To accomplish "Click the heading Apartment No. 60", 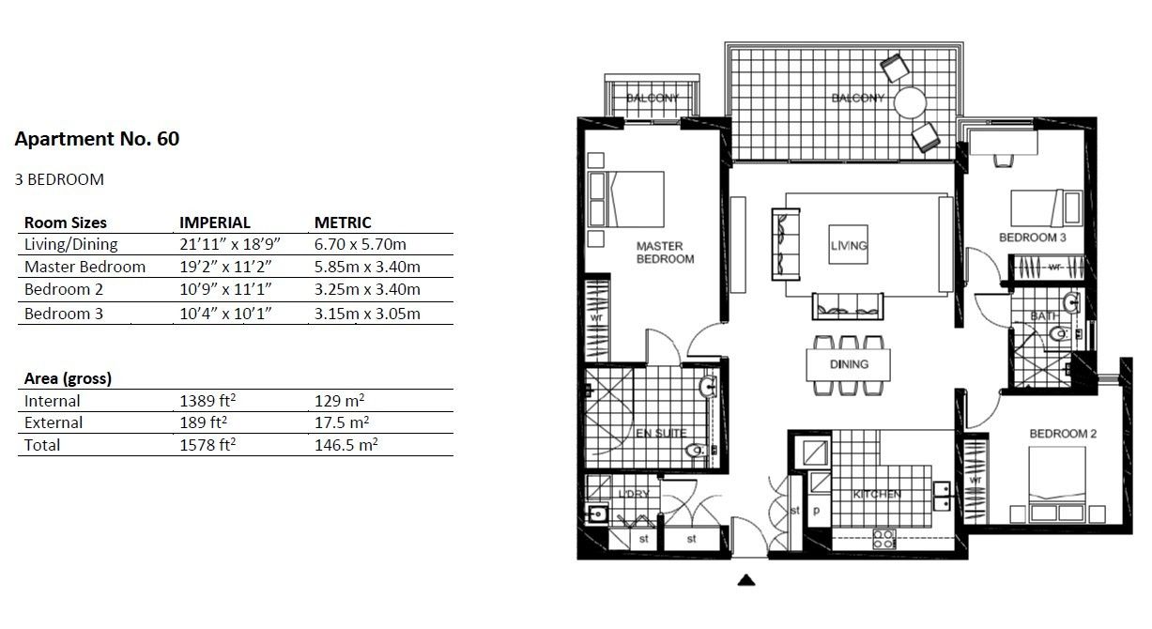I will [x=97, y=140].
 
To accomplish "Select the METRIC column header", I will [x=343, y=222].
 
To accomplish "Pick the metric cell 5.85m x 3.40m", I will [x=367, y=267].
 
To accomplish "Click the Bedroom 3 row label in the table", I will [x=64, y=314].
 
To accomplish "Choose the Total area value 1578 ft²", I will [x=207, y=445].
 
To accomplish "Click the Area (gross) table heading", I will [x=68, y=379].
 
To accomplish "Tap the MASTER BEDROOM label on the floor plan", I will [x=665, y=253].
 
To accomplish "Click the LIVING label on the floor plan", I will [x=849, y=246].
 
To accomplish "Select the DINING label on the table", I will [x=848, y=364].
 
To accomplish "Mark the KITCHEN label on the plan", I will [x=877, y=494].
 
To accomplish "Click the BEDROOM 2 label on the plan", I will [x=1063, y=434].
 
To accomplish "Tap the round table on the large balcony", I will [x=910, y=101].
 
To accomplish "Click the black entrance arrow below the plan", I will [x=746, y=580].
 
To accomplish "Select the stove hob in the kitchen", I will [x=883, y=539].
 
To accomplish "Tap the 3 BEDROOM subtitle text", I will [x=59, y=178].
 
